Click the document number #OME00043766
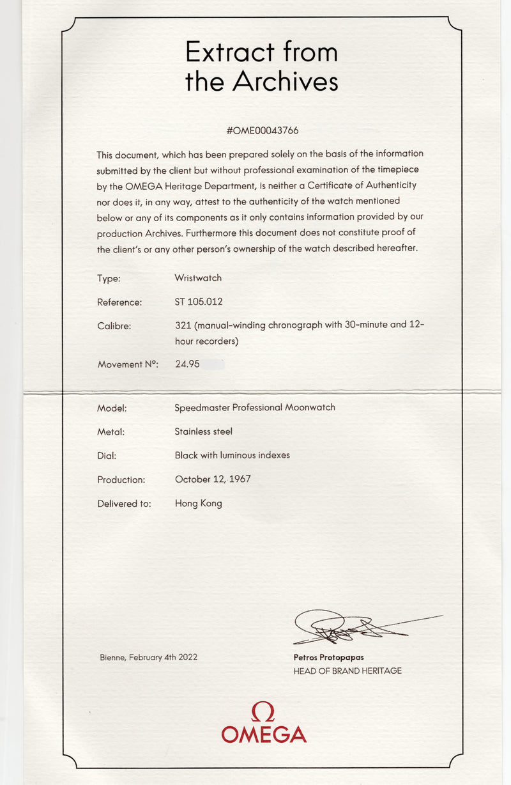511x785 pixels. pos(263,130)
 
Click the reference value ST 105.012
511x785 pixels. pos(199,302)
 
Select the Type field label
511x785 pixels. pos(109,279)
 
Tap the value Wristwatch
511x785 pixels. pos(198,278)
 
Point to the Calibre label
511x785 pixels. pos(114,326)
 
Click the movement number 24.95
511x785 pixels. pos(187,364)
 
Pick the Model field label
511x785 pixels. pos(112,408)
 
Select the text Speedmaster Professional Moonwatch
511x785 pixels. pos(255,407)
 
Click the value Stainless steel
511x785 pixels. pos(203,431)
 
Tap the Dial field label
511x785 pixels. pos(107,456)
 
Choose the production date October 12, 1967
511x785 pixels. pos(213,479)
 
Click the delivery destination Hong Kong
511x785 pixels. pos(198,503)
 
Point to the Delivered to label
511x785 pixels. pos(124,504)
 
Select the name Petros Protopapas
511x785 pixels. pos(328,657)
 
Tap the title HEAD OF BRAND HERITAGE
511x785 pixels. pos(347,671)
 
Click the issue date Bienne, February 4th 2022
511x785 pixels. pos(148,657)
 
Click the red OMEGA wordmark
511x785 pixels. pos(264,734)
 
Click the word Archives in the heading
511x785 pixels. pos(285,81)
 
